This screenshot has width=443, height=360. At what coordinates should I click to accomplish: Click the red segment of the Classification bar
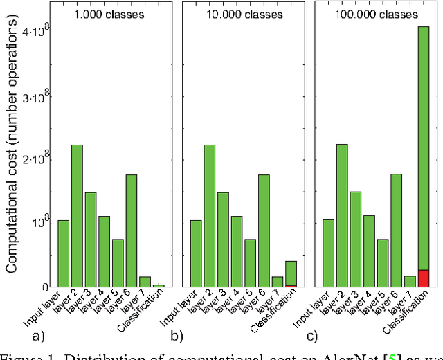(x=424, y=278)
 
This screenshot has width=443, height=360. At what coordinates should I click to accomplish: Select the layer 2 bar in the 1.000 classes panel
(x=77, y=215)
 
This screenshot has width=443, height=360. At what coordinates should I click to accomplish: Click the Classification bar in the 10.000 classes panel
(x=291, y=273)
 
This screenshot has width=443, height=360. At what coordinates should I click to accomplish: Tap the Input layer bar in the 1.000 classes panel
(x=63, y=253)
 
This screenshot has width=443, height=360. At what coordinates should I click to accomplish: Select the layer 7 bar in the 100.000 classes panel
(x=410, y=281)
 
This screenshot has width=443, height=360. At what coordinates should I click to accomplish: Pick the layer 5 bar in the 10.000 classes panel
(x=251, y=262)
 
